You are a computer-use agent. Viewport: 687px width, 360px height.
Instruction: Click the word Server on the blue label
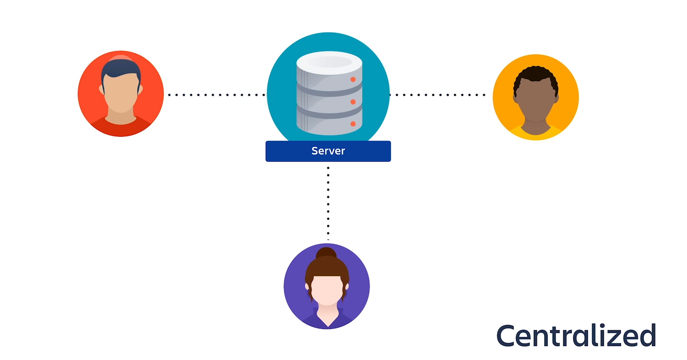tap(328, 151)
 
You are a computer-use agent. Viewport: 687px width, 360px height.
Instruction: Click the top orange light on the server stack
tap(353, 79)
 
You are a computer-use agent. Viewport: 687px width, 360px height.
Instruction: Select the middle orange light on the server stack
tap(353, 102)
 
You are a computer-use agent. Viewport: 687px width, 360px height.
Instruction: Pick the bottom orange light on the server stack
tap(353, 124)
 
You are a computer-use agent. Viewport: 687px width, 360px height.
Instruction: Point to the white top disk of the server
tap(329, 62)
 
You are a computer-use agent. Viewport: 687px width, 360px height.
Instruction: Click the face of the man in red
tap(121, 95)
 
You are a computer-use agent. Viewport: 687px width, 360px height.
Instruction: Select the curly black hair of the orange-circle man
tap(535, 75)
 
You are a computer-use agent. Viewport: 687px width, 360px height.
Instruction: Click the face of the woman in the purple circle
tap(327, 289)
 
